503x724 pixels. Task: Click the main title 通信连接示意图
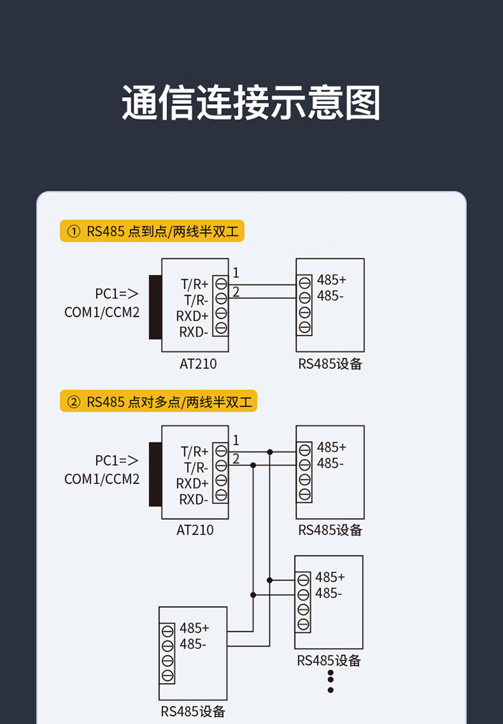click(x=251, y=103)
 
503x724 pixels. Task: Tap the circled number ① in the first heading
click(x=73, y=232)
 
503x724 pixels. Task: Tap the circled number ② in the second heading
click(x=73, y=402)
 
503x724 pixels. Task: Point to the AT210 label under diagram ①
click(x=198, y=364)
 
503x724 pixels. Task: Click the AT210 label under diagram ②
click(x=195, y=530)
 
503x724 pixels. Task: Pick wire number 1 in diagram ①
click(x=236, y=273)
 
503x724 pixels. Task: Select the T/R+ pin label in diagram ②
click(x=195, y=451)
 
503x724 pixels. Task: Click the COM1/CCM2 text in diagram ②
click(x=102, y=479)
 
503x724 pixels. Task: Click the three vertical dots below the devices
click(x=331, y=680)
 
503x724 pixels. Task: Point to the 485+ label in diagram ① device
click(x=331, y=280)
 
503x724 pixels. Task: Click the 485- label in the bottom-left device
click(x=193, y=644)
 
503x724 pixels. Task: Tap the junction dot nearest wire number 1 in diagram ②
click(x=270, y=452)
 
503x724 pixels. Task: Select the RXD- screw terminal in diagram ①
click(x=221, y=329)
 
